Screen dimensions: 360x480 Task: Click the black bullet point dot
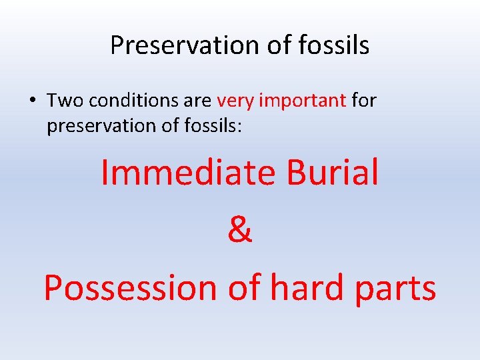pyautogui.click(x=33, y=101)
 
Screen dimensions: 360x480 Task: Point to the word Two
pyautogui.click(x=65, y=101)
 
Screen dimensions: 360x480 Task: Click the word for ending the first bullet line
pyautogui.click(x=364, y=101)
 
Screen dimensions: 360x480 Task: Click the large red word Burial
pyautogui.click(x=333, y=172)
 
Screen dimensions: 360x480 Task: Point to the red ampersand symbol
pyautogui.click(x=240, y=230)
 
